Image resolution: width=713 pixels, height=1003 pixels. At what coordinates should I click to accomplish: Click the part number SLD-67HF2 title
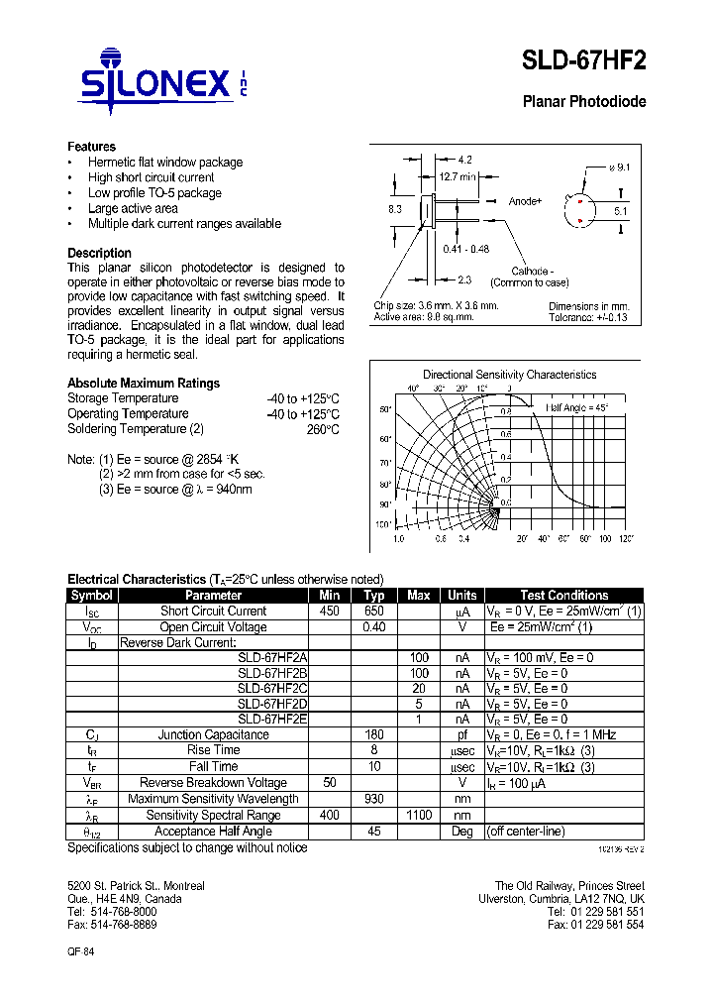click(x=584, y=61)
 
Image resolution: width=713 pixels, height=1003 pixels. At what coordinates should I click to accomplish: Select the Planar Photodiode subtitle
click(x=584, y=102)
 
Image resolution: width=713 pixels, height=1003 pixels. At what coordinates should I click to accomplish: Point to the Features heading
click(x=91, y=147)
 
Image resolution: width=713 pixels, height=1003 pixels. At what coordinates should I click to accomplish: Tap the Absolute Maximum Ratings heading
click(x=144, y=384)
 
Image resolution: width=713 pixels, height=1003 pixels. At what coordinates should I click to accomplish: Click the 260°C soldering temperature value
click(x=323, y=430)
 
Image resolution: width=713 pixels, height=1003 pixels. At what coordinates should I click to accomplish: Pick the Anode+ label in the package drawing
click(x=525, y=201)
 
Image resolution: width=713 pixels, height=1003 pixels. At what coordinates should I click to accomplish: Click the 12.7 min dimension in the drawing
click(x=457, y=177)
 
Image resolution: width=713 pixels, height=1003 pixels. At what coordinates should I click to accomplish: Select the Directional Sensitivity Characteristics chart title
click(x=509, y=375)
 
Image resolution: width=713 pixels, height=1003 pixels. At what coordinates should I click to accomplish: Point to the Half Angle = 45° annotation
click(x=577, y=407)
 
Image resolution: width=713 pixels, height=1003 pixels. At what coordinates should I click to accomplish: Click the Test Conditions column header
click(x=564, y=595)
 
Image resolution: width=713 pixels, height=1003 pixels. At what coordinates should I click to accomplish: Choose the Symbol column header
click(x=92, y=595)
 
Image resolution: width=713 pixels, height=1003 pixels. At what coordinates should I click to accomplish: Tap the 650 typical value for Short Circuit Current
click(x=373, y=612)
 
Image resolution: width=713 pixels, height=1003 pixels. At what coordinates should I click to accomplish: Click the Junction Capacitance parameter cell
click(x=213, y=734)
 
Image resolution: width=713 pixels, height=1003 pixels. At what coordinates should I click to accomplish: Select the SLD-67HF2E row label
click(x=272, y=719)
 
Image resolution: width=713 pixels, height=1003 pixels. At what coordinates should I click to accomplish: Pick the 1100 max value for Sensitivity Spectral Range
click(x=418, y=815)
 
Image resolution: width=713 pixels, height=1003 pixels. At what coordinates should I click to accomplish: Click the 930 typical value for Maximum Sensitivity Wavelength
click(x=373, y=799)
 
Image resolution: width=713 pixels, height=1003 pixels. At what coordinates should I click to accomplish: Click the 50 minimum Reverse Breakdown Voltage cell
click(x=329, y=783)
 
